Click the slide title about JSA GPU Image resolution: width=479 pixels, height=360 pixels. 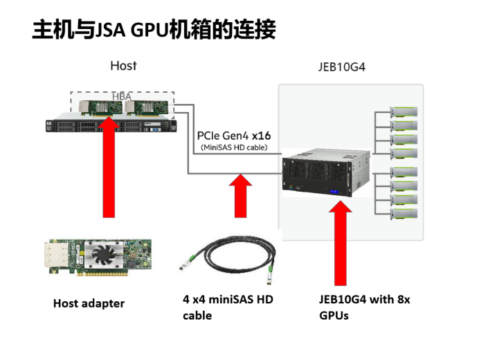154,30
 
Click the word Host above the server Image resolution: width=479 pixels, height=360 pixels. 123,66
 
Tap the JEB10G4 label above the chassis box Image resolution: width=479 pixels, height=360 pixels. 341,68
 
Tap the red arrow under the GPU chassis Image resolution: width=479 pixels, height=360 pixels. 340,242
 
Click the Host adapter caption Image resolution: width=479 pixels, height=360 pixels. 89,303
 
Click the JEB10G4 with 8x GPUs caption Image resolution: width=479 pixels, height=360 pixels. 364,307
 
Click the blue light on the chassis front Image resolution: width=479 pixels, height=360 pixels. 336,192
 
